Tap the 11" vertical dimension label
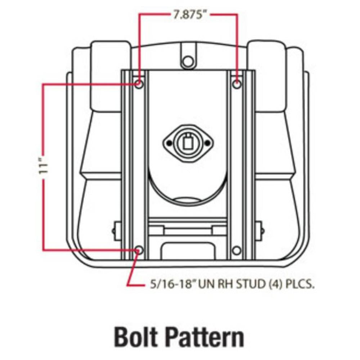pos(43,166)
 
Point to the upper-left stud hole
pos(139,84)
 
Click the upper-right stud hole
pos(237,84)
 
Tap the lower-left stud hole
pos(139,250)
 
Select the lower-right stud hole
pos(237,250)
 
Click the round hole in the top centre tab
pos(188,61)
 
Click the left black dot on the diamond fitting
pos(169,143)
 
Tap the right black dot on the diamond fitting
pos(207,143)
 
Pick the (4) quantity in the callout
pos(275,284)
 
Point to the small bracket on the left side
pos(117,231)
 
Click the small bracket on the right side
pos(259,231)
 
